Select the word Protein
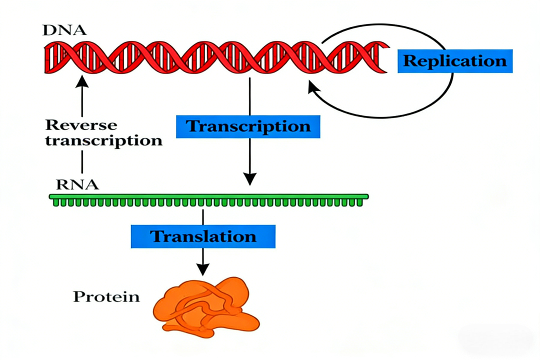pyautogui.click(x=106, y=296)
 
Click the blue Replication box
pyautogui.click(x=455, y=61)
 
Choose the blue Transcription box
pyautogui.click(x=248, y=126)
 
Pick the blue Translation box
pyautogui.click(x=203, y=235)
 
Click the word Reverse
pyautogui.click(x=81, y=125)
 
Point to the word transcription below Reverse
pyautogui.click(x=104, y=140)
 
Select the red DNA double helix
pyautogui.click(x=215, y=57)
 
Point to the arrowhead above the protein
pyautogui.click(x=202, y=269)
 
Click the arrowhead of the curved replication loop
pyautogui.click(x=313, y=88)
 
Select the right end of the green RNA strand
pyautogui.click(x=366, y=197)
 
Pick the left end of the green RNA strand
pyautogui.click(x=51, y=197)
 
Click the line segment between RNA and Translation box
pyautogui.click(x=202, y=217)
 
